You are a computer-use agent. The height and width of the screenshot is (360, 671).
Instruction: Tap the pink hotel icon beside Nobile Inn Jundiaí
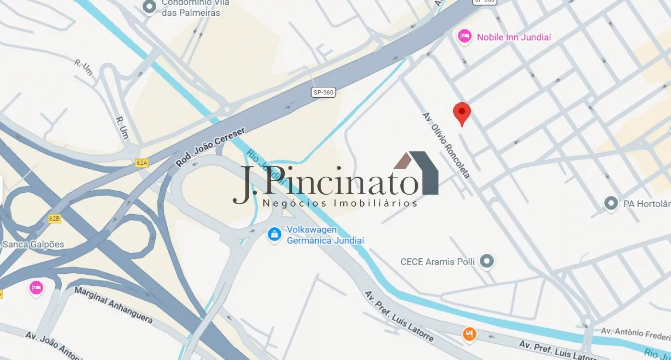click(x=464, y=36)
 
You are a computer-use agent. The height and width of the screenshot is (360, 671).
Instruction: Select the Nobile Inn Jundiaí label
click(x=514, y=37)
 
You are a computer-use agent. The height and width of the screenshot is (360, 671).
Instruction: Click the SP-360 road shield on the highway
click(x=323, y=93)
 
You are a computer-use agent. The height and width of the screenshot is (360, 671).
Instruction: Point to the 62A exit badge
click(x=142, y=163)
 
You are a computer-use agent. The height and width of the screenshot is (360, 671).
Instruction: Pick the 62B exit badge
click(x=55, y=219)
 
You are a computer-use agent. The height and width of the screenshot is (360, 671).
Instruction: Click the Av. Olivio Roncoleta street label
click(x=446, y=145)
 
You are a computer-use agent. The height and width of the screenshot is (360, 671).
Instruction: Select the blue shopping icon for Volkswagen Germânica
click(x=274, y=234)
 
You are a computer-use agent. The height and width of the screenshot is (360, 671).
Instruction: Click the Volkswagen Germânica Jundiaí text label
click(x=325, y=235)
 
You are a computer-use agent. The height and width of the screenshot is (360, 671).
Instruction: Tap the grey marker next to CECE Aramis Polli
click(x=487, y=261)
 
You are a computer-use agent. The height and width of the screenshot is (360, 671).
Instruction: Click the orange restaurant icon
click(x=469, y=334)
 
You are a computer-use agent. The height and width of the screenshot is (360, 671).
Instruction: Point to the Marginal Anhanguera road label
click(x=114, y=304)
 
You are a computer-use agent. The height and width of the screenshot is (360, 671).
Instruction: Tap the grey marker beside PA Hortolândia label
click(x=611, y=203)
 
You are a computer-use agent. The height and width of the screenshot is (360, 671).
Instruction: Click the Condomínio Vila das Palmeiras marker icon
click(x=150, y=7)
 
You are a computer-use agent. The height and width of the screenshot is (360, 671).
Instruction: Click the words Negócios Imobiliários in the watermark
click(x=340, y=203)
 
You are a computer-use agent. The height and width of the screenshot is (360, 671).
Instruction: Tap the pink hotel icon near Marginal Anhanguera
click(x=36, y=288)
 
